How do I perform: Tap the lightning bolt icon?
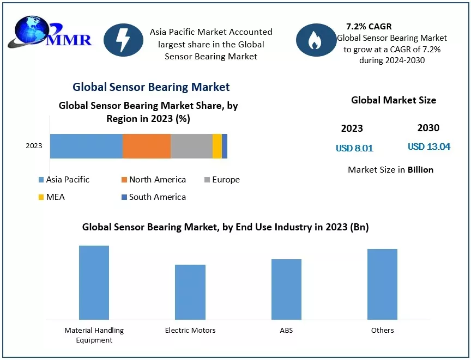[123, 40]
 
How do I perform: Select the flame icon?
[315, 40]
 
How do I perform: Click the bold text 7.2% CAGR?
[369, 26]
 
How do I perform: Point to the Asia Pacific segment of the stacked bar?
[86, 146]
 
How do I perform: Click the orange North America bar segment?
[147, 146]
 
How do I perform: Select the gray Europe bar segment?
[191, 146]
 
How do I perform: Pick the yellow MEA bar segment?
[217, 146]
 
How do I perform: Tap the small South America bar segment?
[225, 146]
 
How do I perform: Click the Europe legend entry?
[222, 180]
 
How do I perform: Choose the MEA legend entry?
[52, 197]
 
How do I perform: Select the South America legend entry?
[154, 197]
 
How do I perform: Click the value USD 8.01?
[354, 148]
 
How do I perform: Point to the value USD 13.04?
[429, 147]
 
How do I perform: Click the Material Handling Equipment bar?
[94, 282]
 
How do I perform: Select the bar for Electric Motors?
[190, 292]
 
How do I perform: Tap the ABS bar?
[286, 289]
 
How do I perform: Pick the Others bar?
[382, 284]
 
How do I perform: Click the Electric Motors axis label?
[190, 330]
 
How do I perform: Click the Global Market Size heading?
[394, 100]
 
